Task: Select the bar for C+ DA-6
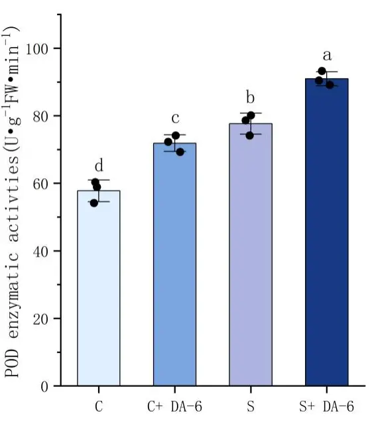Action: [x=174, y=265]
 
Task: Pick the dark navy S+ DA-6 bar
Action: [x=326, y=232]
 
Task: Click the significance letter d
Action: [x=99, y=166]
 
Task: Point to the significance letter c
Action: [x=175, y=119]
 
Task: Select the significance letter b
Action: [x=251, y=99]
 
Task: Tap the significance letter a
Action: [x=327, y=56]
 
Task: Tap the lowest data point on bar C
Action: [x=94, y=203]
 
